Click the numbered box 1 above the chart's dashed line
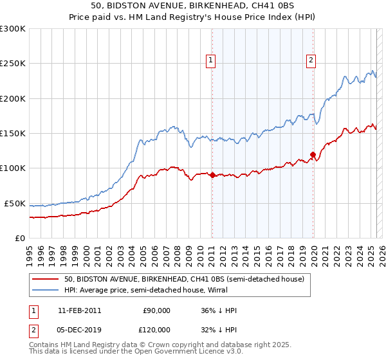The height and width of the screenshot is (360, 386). click(210, 61)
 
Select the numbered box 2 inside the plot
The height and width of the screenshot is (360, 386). click(311, 61)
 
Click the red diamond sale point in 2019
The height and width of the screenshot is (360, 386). click(313, 154)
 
